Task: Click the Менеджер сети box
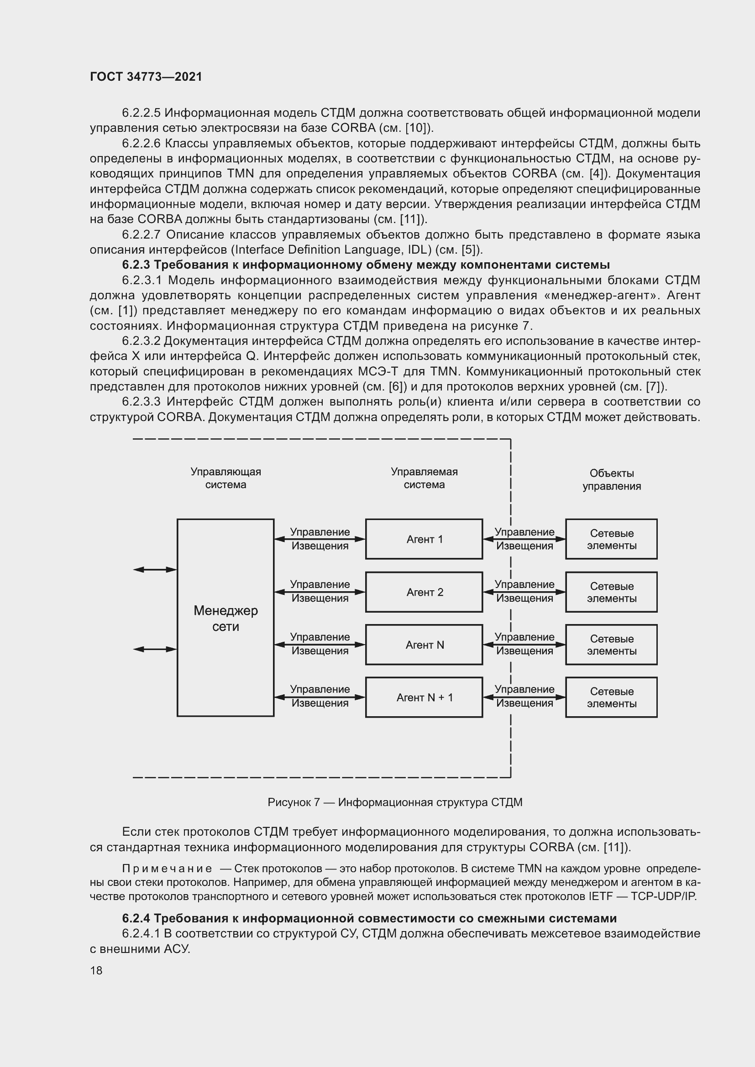click(x=225, y=618)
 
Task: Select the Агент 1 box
click(x=424, y=539)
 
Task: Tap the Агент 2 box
click(x=424, y=592)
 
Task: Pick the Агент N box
click(x=424, y=645)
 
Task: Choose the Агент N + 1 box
click(x=424, y=697)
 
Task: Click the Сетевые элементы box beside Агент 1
click(x=611, y=539)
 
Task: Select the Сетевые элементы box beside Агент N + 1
click(x=611, y=697)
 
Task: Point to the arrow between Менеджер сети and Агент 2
click(x=320, y=592)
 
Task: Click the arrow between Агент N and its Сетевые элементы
click(x=524, y=645)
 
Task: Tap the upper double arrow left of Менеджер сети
click(x=155, y=570)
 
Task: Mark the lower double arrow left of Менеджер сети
click(x=155, y=649)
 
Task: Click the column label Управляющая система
click(x=225, y=478)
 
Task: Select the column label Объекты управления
click(x=611, y=479)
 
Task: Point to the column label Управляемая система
click(x=424, y=478)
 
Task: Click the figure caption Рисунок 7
click(x=395, y=802)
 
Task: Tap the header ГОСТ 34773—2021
click(x=146, y=77)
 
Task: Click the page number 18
click(x=96, y=970)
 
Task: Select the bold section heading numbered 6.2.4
click(x=369, y=918)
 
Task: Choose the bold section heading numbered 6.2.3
click(x=366, y=265)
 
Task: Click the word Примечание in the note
click(x=167, y=869)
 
